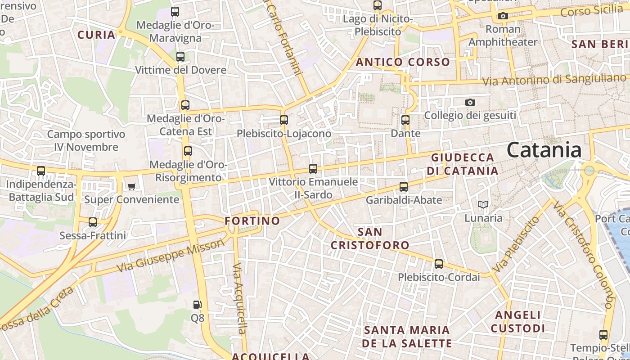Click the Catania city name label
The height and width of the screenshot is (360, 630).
pos(544,150)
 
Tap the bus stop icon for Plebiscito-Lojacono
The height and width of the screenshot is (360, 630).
pos(283,120)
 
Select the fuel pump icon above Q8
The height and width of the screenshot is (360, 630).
pos(197,305)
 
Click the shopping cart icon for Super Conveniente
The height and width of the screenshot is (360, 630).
pos(131,186)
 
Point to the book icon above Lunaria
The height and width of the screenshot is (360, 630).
pos(483,205)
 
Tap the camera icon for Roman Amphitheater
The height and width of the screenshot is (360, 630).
pos(503,16)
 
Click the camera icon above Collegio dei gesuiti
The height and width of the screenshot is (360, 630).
pos(470,102)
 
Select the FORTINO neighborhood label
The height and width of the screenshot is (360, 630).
pos(252,221)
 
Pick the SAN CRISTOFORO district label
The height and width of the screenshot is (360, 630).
pos(370,238)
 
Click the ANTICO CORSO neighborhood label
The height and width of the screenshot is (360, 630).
pos(403,62)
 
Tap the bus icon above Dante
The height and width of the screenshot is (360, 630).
pos(405,120)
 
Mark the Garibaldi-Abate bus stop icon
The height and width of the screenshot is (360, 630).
pos(404,187)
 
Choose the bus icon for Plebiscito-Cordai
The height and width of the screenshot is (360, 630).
pos(439,264)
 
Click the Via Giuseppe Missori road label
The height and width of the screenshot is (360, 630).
pos(171,255)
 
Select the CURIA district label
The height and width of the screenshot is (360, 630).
pos(96,35)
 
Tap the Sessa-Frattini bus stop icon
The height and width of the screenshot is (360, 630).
pos(93,222)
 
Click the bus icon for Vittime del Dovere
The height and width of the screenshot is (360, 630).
pos(180,57)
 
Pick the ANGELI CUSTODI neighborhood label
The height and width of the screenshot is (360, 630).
pos(517,321)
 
